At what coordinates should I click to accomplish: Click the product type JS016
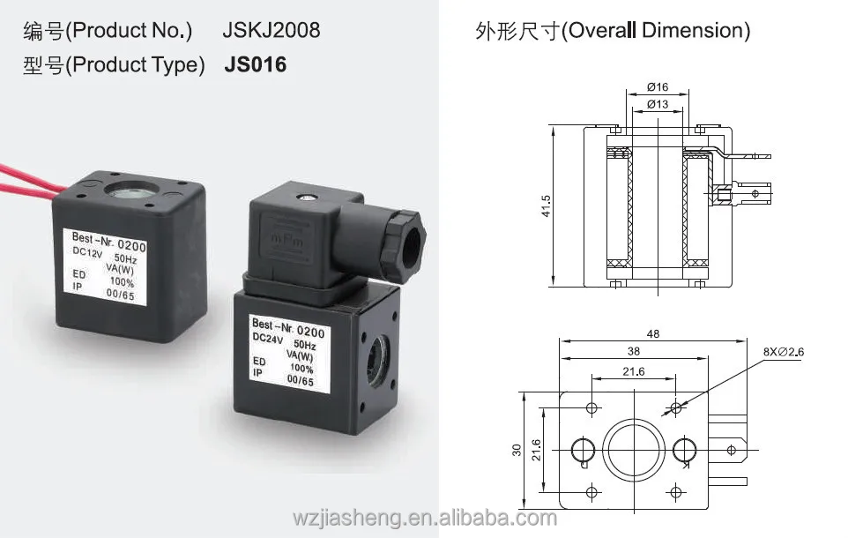click(256, 64)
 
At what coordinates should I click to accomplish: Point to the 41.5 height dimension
click(547, 205)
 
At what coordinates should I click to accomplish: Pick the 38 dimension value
click(633, 351)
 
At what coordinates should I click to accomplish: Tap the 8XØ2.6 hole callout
click(786, 352)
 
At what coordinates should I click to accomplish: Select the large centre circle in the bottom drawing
click(634, 450)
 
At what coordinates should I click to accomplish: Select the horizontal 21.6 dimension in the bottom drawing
click(633, 372)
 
